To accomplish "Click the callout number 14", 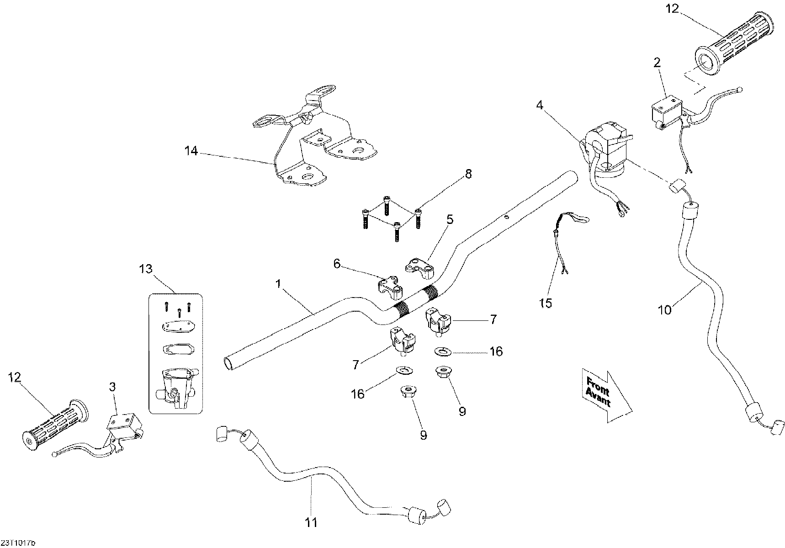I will pos(191,150).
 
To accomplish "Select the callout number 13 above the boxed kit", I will pos(146,269).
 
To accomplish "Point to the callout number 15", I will pos(546,303).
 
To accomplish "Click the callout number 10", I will pos(665,310).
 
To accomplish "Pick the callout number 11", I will pos(311,522).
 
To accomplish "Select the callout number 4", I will pos(540,106).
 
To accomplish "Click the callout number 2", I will pos(657,63).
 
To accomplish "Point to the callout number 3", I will pos(113,387).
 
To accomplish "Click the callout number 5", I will pos(450,219).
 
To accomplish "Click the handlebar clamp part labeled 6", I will pos(389,288).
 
